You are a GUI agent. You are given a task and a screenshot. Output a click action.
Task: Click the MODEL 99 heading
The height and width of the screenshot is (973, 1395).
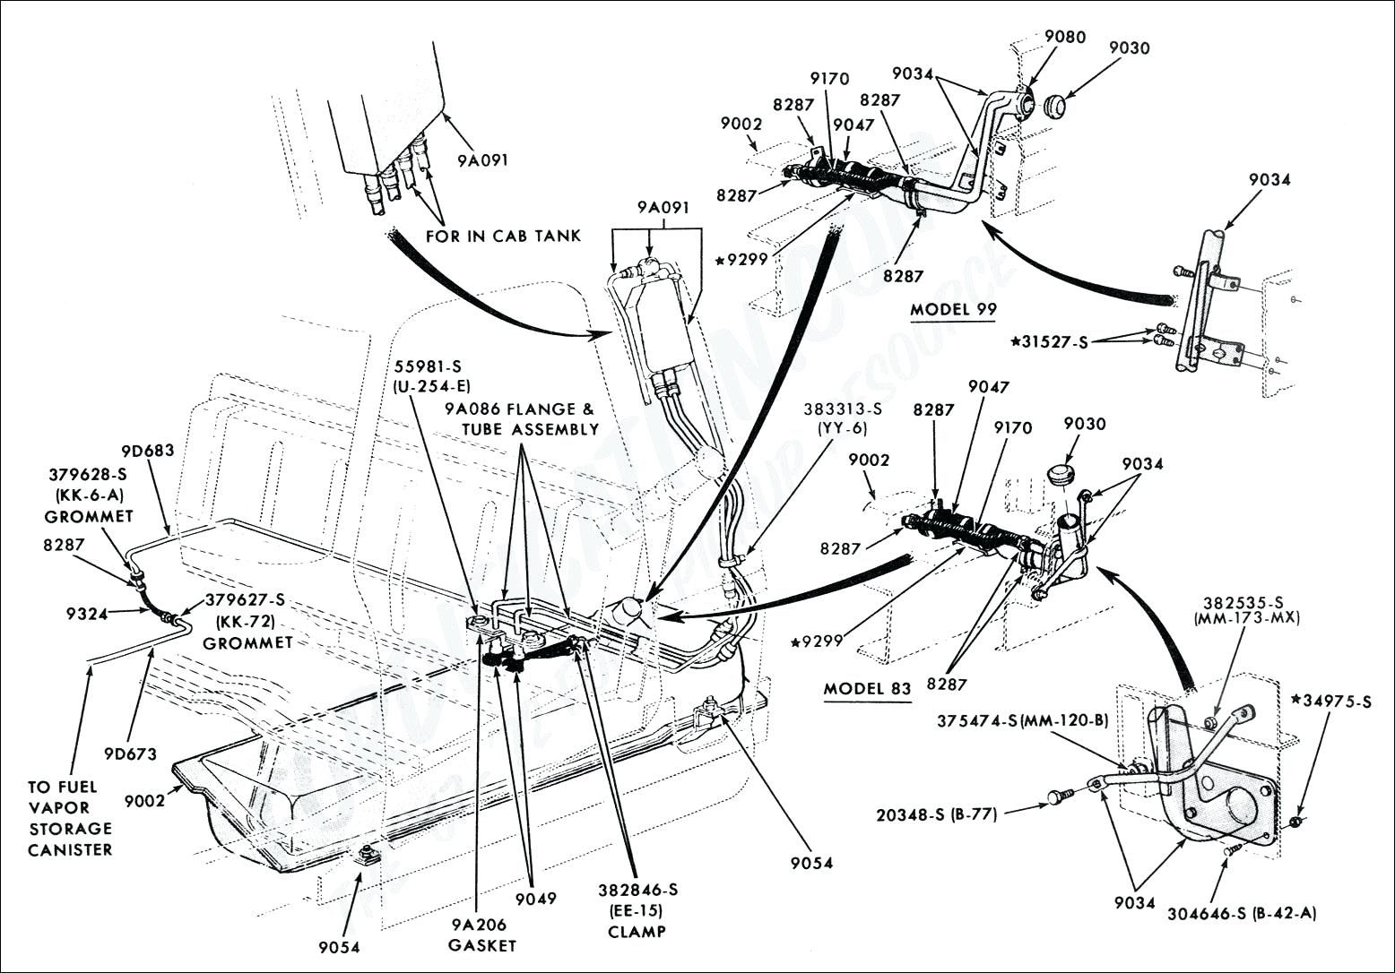(954, 309)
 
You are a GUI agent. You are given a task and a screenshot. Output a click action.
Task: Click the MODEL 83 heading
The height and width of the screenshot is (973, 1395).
(867, 689)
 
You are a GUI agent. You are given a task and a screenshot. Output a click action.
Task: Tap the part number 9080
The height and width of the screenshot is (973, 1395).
(1064, 37)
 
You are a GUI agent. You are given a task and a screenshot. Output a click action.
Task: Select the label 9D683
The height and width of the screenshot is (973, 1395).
(148, 451)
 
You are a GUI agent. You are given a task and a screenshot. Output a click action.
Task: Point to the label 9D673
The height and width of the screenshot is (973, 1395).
(129, 753)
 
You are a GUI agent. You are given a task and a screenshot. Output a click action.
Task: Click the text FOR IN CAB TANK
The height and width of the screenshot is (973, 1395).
(503, 236)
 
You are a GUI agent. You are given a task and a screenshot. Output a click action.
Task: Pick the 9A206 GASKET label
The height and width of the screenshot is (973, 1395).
(484, 935)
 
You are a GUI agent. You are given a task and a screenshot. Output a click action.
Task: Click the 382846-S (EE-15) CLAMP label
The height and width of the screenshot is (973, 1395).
(637, 909)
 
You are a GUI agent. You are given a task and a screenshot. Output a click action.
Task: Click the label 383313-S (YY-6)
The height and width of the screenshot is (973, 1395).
(842, 418)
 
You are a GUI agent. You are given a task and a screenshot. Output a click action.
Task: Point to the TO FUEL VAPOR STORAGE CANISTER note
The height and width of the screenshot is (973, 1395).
(70, 818)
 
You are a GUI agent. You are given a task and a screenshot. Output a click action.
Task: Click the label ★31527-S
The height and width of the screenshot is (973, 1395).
(1048, 341)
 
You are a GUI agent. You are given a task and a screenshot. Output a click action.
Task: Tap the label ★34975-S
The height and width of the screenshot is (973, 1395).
(1330, 702)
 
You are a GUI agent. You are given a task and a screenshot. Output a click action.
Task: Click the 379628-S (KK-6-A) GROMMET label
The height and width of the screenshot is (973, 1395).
(88, 495)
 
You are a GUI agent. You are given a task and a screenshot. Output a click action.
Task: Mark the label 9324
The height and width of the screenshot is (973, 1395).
(86, 614)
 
